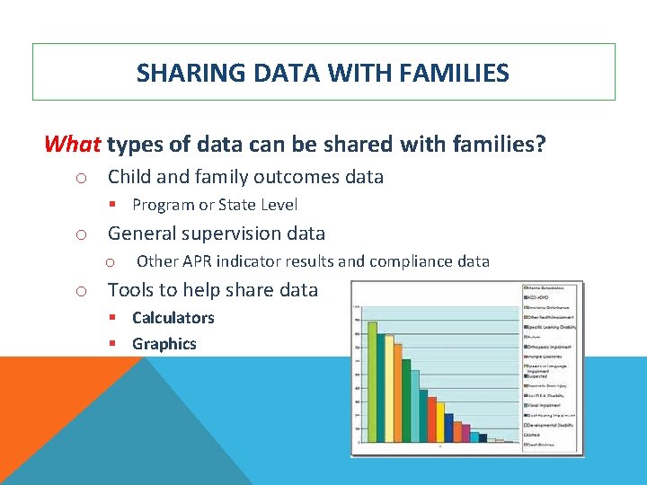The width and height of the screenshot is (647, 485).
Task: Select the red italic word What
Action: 73,144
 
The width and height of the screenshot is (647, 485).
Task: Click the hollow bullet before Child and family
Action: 80,178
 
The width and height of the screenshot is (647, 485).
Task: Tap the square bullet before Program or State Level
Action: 112,205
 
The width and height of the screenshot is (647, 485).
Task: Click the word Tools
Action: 131,289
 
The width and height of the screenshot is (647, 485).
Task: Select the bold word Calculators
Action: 173,317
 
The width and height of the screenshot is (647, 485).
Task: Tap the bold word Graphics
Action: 164,343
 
